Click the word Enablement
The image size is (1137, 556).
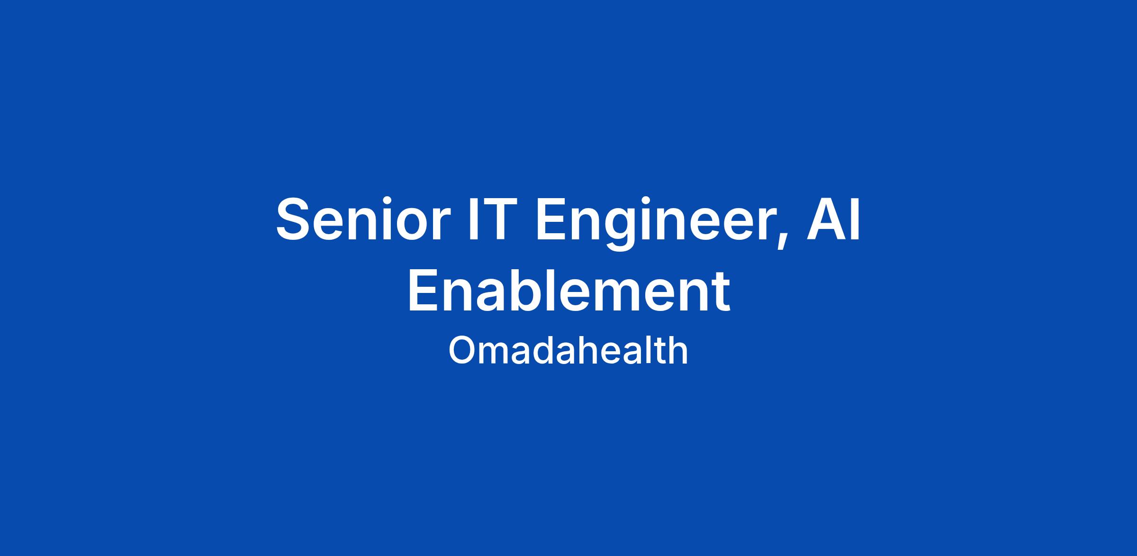568,292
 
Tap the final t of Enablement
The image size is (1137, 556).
721,295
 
